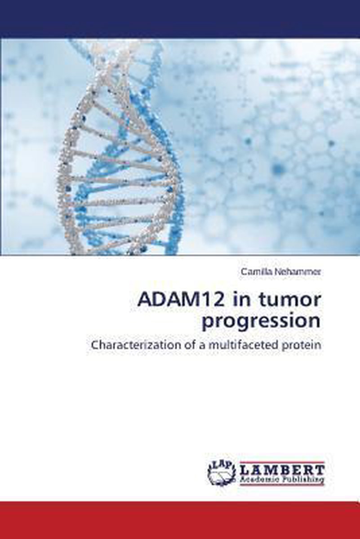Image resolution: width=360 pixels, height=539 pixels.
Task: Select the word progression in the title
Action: (262, 322)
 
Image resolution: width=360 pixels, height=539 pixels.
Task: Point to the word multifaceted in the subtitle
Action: (245, 345)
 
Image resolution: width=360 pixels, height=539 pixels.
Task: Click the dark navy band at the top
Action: (180, 19)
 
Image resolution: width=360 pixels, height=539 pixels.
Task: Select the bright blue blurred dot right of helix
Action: (279, 168)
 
